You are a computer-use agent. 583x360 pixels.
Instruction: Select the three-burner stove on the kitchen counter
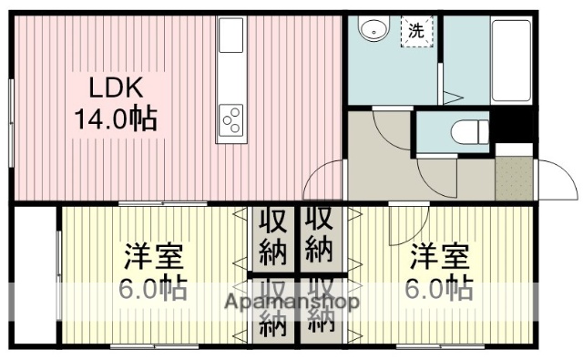tap(230, 118)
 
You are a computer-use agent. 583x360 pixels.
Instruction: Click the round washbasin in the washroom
tap(370, 31)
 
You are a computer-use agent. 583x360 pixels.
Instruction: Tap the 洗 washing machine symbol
tap(415, 29)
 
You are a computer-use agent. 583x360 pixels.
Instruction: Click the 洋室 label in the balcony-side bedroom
tap(152, 256)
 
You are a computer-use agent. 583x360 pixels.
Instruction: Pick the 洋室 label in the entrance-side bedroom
tap(437, 256)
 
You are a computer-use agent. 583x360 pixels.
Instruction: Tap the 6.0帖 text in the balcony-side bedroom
tap(152, 290)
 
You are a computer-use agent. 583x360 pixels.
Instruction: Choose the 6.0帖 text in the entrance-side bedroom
tap(437, 290)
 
